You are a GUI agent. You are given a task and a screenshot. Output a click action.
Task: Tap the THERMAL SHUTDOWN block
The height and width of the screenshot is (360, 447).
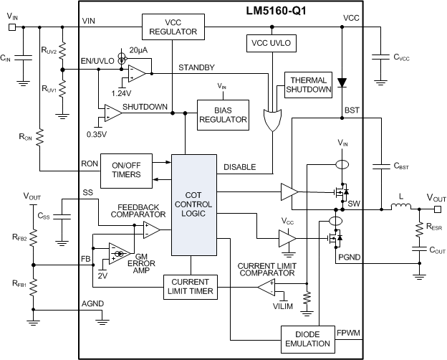(308, 85)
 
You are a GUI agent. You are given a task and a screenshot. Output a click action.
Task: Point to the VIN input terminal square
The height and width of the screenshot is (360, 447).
(11, 27)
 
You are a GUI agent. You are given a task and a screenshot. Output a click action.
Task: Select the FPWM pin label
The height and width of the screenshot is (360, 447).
(349, 332)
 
